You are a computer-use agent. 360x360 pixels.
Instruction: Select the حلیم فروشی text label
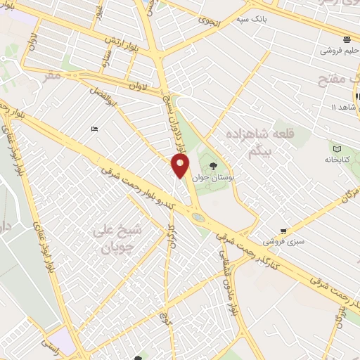coord(338,51)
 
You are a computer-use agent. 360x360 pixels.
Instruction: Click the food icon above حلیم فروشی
coord(346,39)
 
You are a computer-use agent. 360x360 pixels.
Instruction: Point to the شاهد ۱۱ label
coord(345,106)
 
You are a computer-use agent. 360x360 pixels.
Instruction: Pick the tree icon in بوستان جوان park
coord(212,167)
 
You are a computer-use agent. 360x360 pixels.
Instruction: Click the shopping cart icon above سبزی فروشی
coord(283,230)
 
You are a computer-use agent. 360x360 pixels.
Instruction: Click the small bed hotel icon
coord(95,129)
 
